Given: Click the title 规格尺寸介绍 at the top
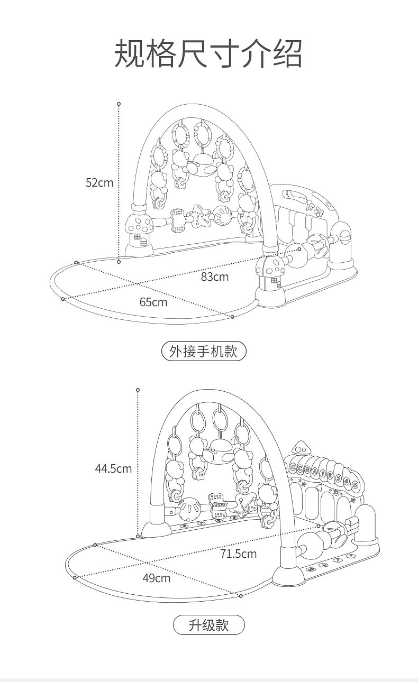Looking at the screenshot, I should click(208, 53).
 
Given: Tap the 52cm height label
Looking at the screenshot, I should click(99, 183).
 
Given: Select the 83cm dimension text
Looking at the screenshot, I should click(214, 276).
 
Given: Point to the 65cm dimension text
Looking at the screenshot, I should click(153, 302).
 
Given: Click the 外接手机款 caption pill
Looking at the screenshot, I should click(203, 351).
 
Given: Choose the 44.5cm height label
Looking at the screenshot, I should click(113, 468).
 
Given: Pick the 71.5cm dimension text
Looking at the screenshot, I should click(239, 554).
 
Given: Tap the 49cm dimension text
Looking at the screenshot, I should click(156, 578).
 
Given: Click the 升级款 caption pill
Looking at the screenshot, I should click(208, 625).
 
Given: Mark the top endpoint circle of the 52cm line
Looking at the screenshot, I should click(119, 104).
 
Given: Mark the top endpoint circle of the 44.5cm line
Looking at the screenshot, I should click(138, 390).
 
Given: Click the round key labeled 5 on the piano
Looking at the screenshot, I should click(355, 484).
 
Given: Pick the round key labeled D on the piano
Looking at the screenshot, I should click(293, 467).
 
